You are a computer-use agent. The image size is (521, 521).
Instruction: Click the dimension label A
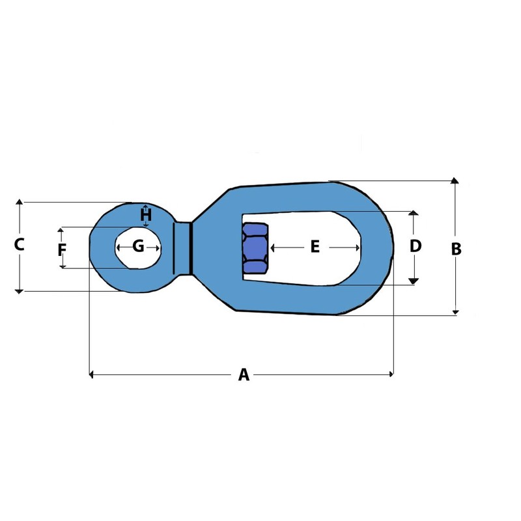(244, 374)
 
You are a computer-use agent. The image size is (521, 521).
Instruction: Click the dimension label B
(457, 248)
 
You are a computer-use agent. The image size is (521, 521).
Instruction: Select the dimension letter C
(20, 245)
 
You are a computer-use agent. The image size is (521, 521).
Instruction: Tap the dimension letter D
(415, 246)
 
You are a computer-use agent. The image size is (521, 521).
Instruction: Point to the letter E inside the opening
(315, 247)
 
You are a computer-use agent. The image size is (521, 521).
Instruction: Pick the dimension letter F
(62, 249)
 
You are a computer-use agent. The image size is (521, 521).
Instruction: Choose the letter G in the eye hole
(138, 246)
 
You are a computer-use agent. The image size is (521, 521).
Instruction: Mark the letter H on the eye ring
(146, 214)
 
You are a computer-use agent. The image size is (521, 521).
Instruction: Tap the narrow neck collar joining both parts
(182, 248)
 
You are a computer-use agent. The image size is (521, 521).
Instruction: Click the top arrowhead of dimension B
(455, 180)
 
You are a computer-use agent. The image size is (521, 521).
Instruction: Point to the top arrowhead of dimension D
(413, 213)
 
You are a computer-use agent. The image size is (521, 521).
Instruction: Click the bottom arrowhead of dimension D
(413, 281)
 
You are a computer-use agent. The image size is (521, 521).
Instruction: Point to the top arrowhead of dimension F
(62, 230)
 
